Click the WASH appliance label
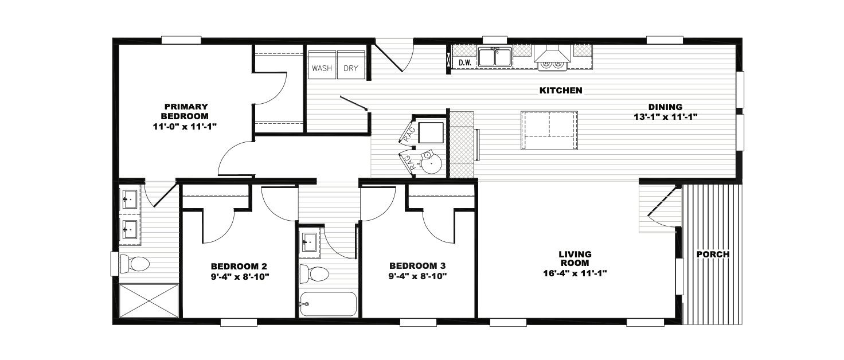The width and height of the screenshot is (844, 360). point(322,68)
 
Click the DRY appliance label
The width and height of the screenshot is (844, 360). point(351,68)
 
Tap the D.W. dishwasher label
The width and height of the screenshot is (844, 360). point(466,63)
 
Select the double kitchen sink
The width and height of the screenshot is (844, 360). point(495,57)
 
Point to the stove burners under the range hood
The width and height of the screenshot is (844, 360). point(552,65)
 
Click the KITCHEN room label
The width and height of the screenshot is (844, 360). point(561,91)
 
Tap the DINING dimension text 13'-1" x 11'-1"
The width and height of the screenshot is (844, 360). point(666,117)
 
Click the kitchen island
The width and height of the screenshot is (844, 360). point(549,130)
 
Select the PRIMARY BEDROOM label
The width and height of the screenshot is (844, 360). point(185,111)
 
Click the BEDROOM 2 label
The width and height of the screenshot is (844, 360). point(239,267)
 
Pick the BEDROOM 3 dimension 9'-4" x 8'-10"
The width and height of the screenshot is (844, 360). point(417,276)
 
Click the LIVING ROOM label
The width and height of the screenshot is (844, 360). point(575,259)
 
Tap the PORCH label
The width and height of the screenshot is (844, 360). point(713,255)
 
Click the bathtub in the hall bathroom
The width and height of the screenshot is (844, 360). point(328,304)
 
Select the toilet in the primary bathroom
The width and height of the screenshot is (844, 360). point(135,264)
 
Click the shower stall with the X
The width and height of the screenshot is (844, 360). point(149,300)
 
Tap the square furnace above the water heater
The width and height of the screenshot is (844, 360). point(431,132)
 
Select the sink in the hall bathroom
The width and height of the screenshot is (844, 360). point(310,241)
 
